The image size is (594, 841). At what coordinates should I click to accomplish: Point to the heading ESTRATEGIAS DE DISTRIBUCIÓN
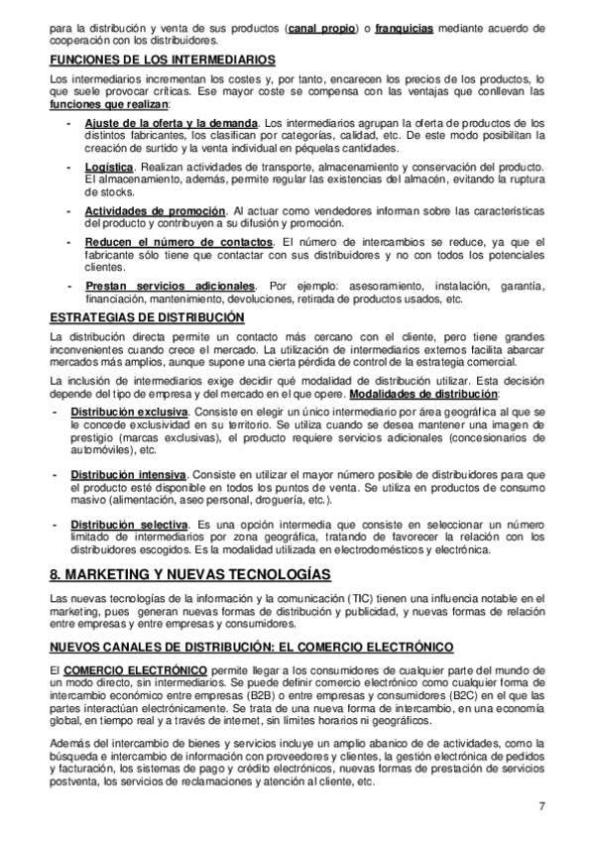click(146, 317)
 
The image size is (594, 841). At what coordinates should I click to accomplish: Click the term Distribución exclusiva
click(129, 411)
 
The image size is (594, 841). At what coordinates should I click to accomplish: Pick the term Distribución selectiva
click(129, 524)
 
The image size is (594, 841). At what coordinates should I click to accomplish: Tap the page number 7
click(542, 805)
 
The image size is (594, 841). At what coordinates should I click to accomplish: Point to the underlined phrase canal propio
click(321, 29)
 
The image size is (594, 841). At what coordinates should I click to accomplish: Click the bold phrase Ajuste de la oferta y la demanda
click(158, 123)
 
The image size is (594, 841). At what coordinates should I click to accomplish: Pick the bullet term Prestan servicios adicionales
click(170, 286)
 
